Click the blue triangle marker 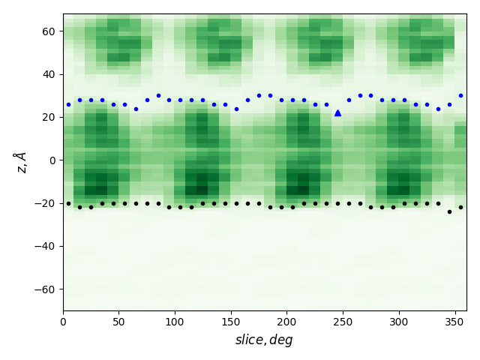[337, 112]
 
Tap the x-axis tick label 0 [63, 322]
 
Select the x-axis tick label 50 [119, 322]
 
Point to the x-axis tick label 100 [175, 322]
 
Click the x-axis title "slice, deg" [264, 340]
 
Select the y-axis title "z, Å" [20, 161]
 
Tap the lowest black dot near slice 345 [449, 211]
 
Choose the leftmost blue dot [68, 104]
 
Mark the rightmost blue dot [460, 95]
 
